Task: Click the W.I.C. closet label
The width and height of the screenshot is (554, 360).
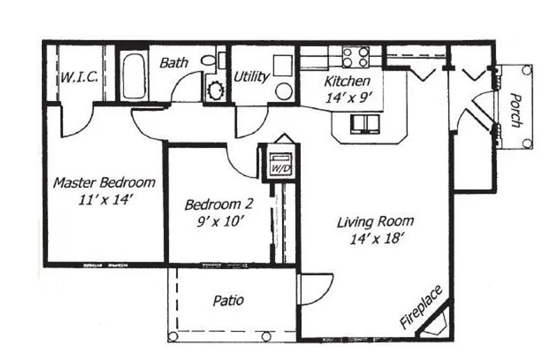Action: [79, 77]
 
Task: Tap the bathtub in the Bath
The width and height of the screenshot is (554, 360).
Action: [133, 76]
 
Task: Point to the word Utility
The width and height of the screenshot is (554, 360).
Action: [251, 77]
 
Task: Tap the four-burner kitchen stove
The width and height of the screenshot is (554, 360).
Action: [355, 57]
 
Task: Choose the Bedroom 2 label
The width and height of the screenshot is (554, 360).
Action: [219, 205]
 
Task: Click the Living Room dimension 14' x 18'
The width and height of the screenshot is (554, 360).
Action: [376, 238]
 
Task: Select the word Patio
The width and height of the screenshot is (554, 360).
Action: [228, 300]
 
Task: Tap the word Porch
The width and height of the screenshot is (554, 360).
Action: [516, 110]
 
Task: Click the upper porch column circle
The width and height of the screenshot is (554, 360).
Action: [526, 70]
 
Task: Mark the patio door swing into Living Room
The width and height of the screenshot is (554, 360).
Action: [315, 288]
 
